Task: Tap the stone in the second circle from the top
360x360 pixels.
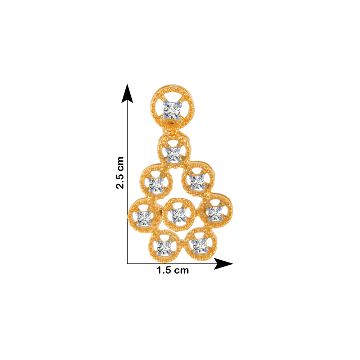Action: (174, 154)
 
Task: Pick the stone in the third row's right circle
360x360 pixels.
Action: (197, 181)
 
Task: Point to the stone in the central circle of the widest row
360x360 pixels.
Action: (179, 215)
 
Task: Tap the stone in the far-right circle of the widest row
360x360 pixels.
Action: (215, 213)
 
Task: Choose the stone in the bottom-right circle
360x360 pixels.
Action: (199, 246)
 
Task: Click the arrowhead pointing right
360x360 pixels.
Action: (224, 264)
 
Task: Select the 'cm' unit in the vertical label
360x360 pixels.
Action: (120, 163)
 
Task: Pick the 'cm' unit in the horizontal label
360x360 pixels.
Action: (181, 270)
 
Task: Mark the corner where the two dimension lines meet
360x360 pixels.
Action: (127, 264)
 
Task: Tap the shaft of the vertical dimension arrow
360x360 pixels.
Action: (127, 183)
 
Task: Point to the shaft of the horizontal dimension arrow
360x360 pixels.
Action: (171, 264)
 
